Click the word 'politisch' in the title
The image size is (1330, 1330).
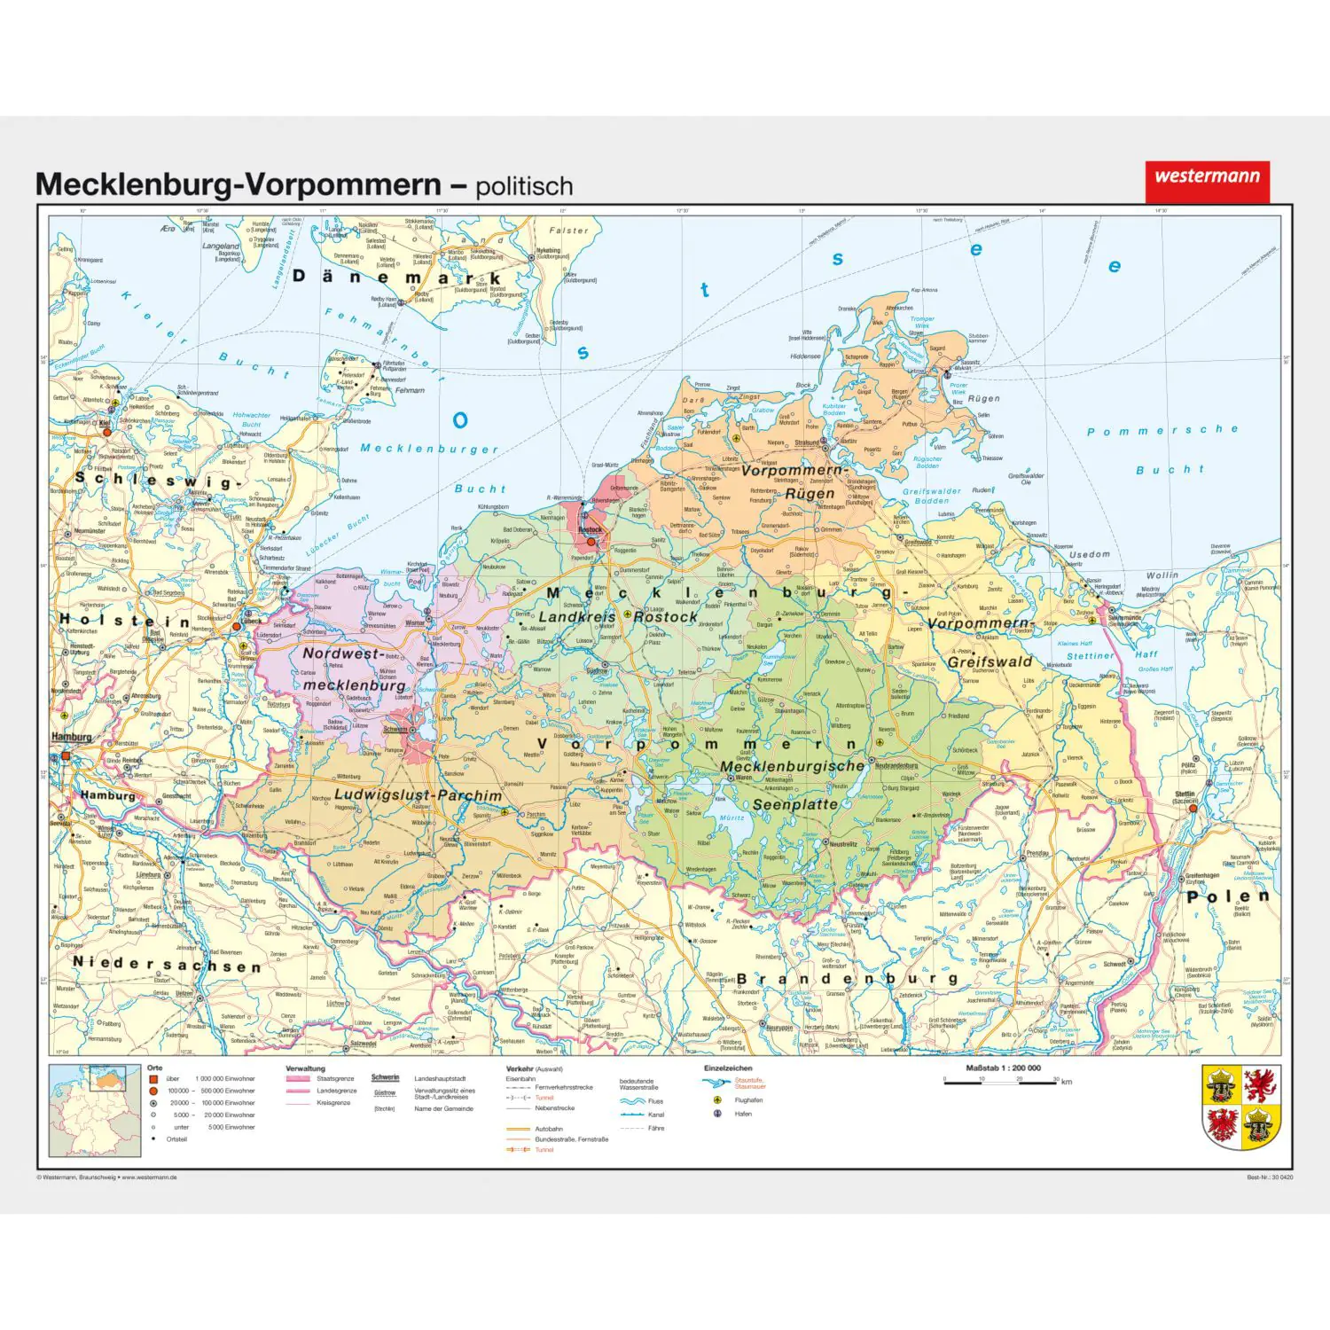[524, 186]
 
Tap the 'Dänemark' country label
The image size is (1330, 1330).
[397, 278]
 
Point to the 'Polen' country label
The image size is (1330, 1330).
[1228, 896]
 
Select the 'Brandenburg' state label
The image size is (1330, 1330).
[848, 979]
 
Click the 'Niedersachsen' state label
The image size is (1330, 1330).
[167, 964]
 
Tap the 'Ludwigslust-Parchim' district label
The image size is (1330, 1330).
[419, 795]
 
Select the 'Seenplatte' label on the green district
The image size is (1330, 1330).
[795, 804]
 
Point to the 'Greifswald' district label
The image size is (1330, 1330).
[990, 661]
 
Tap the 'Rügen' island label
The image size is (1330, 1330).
[983, 398]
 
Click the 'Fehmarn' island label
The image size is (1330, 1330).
[410, 390]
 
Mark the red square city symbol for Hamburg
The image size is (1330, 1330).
[65, 756]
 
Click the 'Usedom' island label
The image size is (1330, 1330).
[1089, 554]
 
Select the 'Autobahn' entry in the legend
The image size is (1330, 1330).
[549, 1129]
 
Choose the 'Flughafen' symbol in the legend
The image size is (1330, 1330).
[718, 1100]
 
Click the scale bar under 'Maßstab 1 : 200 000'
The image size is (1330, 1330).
[1000, 1080]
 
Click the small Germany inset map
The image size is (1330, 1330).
[95, 1110]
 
